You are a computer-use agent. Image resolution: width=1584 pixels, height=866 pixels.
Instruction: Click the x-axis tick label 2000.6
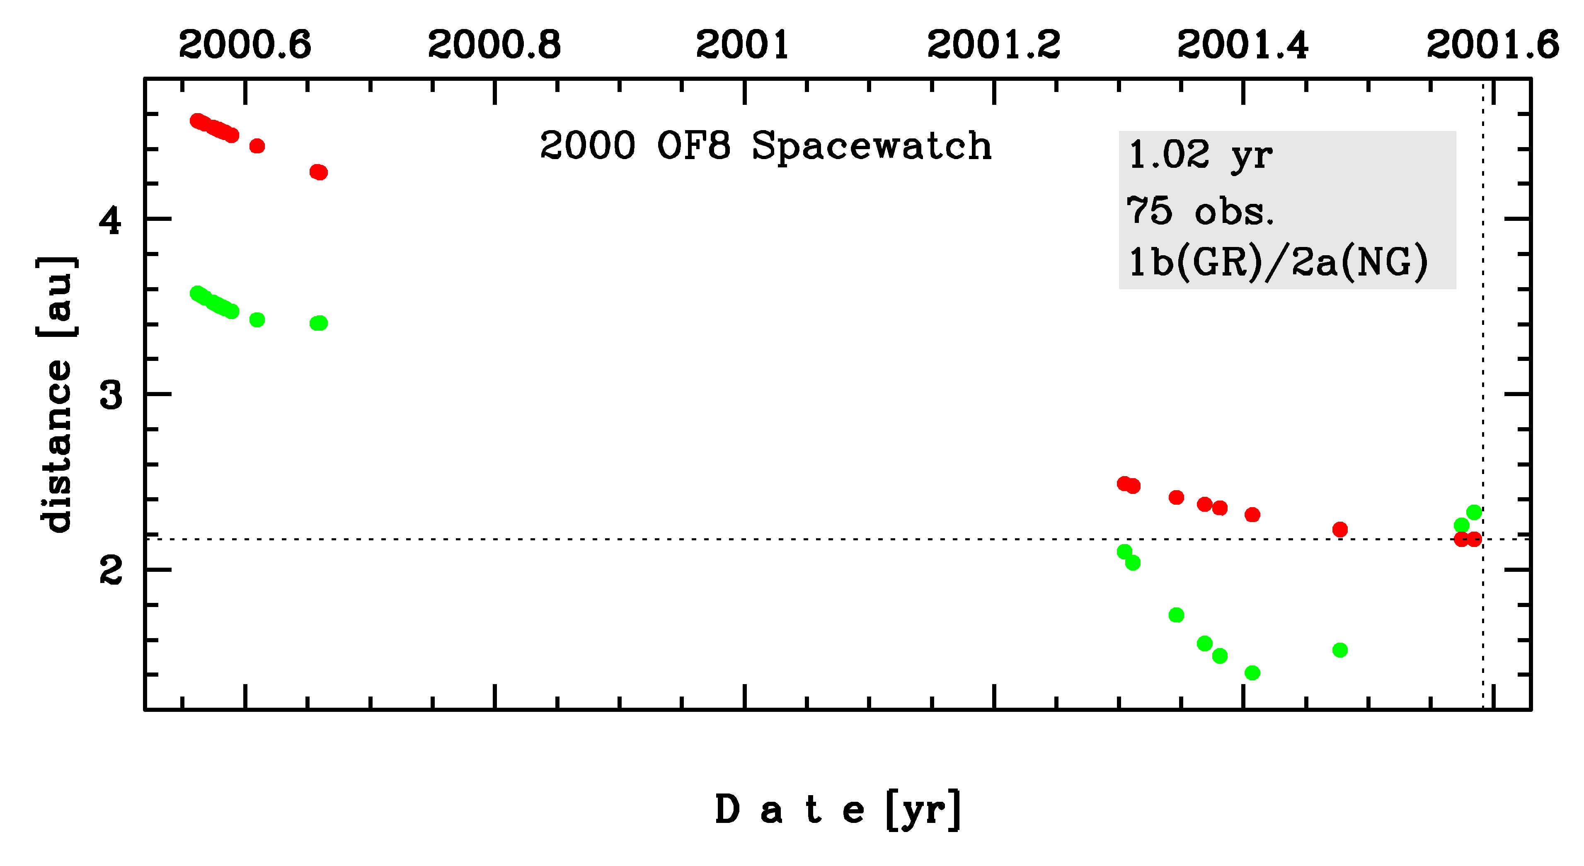pyautogui.click(x=245, y=44)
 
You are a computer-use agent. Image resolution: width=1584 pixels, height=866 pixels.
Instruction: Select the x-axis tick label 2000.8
pyautogui.click(x=494, y=44)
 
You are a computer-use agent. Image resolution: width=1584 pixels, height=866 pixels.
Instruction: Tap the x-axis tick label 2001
pyautogui.click(x=743, y=44)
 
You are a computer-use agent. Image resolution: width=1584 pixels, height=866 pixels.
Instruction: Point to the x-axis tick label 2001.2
pyautogui.click(x=994, y=44)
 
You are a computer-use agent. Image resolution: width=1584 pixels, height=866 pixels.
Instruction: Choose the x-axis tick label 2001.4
pyautogui.click(x=1243, y=44)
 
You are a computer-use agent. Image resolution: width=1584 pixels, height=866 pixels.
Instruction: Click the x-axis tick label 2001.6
pyautogui.click(x=1492, y=44)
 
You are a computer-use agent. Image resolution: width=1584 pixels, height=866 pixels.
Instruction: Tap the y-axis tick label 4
pyautogui.click(x=111, y=220)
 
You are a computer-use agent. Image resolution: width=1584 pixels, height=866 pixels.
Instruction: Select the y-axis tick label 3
pyautogui.click(x=111, y=395)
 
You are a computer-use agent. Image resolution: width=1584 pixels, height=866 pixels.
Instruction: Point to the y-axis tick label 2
pyautogui.click(x=111, y=571)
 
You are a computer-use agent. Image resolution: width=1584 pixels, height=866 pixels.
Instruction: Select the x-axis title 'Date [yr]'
pyautogui.click(x=838, y=810)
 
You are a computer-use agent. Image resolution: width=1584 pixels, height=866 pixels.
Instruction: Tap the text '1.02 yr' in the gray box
pyautogui.click(x=1200, y=155)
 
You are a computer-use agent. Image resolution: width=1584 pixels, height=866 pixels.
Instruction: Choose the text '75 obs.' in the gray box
pyautogui.click(x=1200, y=211)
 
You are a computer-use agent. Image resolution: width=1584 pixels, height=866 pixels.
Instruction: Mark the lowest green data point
pyautogui.click(x=1252, y=673)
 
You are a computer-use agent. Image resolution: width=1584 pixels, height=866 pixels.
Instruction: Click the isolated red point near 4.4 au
pyautogui.click(x=257, y=146)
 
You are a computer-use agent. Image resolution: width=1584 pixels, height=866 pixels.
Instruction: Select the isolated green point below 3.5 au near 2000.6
pyautogui.click(x=257, y=319)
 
